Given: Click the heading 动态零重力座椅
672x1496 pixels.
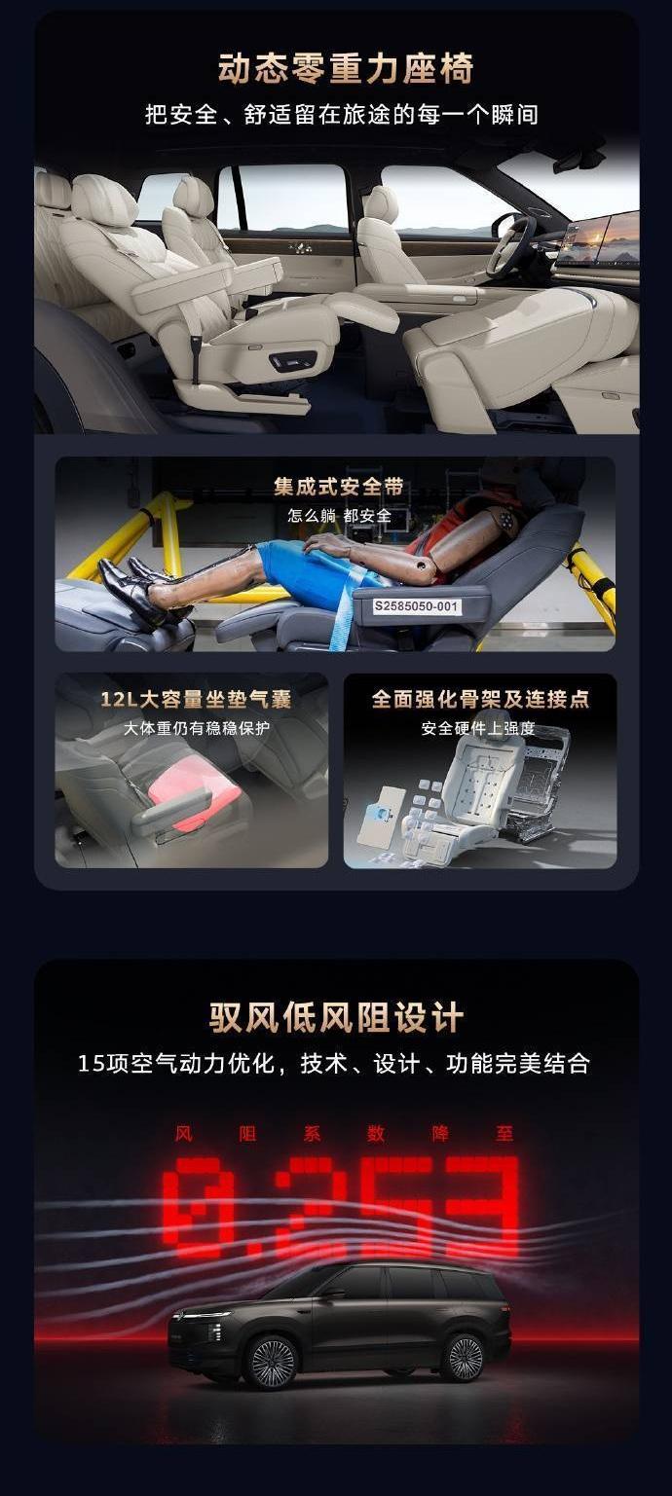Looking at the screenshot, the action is point(346,69).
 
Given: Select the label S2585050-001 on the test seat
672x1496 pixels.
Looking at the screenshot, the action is point(416,606).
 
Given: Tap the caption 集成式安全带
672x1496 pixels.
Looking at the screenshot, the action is point(339,487).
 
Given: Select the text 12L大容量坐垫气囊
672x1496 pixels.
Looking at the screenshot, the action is point(196,699).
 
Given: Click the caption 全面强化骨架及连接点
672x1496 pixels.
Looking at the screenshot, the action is point(480,699).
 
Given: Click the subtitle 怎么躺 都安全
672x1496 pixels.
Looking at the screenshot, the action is point(339,515).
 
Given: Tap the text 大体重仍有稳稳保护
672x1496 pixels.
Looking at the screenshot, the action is point(197,728).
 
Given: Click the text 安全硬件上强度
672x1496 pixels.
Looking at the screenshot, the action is point(478,728).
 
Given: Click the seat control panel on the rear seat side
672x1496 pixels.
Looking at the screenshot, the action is point(292,362).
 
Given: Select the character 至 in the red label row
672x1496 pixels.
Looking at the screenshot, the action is point(504,1133).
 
